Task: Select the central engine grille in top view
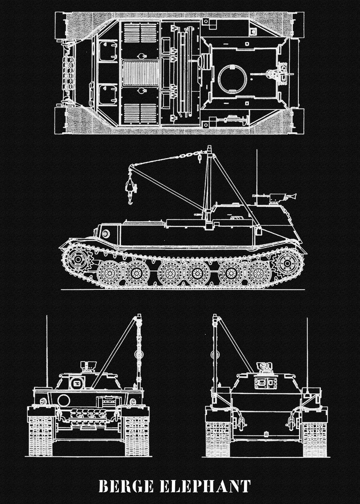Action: pos(141,73)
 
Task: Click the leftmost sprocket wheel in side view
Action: pos(78,260)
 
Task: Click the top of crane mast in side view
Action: pos(209,147)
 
